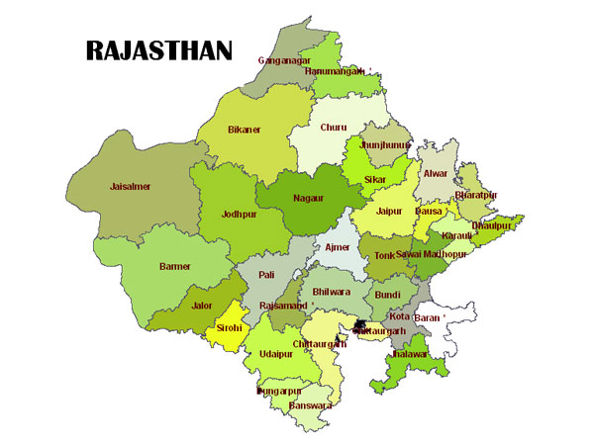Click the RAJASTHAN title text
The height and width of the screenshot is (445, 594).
[158, 50]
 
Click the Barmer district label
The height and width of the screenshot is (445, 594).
[175, 266]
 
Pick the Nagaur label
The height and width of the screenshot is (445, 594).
[308, 198]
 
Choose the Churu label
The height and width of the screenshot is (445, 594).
[334, 128]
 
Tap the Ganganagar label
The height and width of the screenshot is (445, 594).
[285, 60]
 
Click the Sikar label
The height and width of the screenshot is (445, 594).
[375, 180]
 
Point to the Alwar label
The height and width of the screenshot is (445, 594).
[436, 174]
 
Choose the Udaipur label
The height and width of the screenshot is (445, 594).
[276, 354]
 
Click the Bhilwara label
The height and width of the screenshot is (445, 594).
[331, 293]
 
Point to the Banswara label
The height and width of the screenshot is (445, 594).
[310, 404]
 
